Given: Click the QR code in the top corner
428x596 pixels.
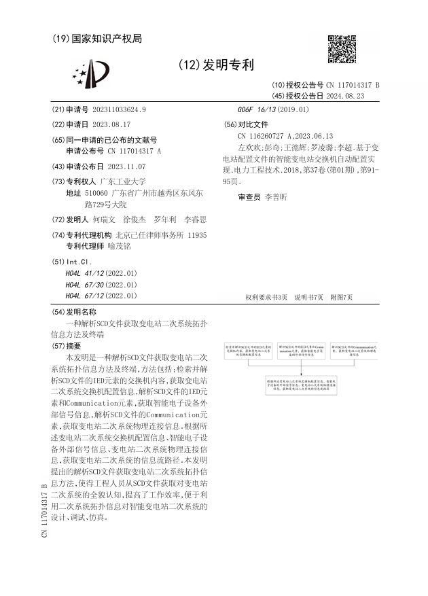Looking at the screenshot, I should [x=342, y=49].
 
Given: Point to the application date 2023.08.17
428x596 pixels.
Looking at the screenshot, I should [x=111, y=124].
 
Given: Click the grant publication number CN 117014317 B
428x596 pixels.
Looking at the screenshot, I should [x=353, y=86].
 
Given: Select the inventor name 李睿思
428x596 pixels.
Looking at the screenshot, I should [x=195, y=220].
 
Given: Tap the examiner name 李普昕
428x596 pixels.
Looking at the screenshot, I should [x=276, y=196].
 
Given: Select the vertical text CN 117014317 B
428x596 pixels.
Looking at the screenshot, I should [x=44, y=510].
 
